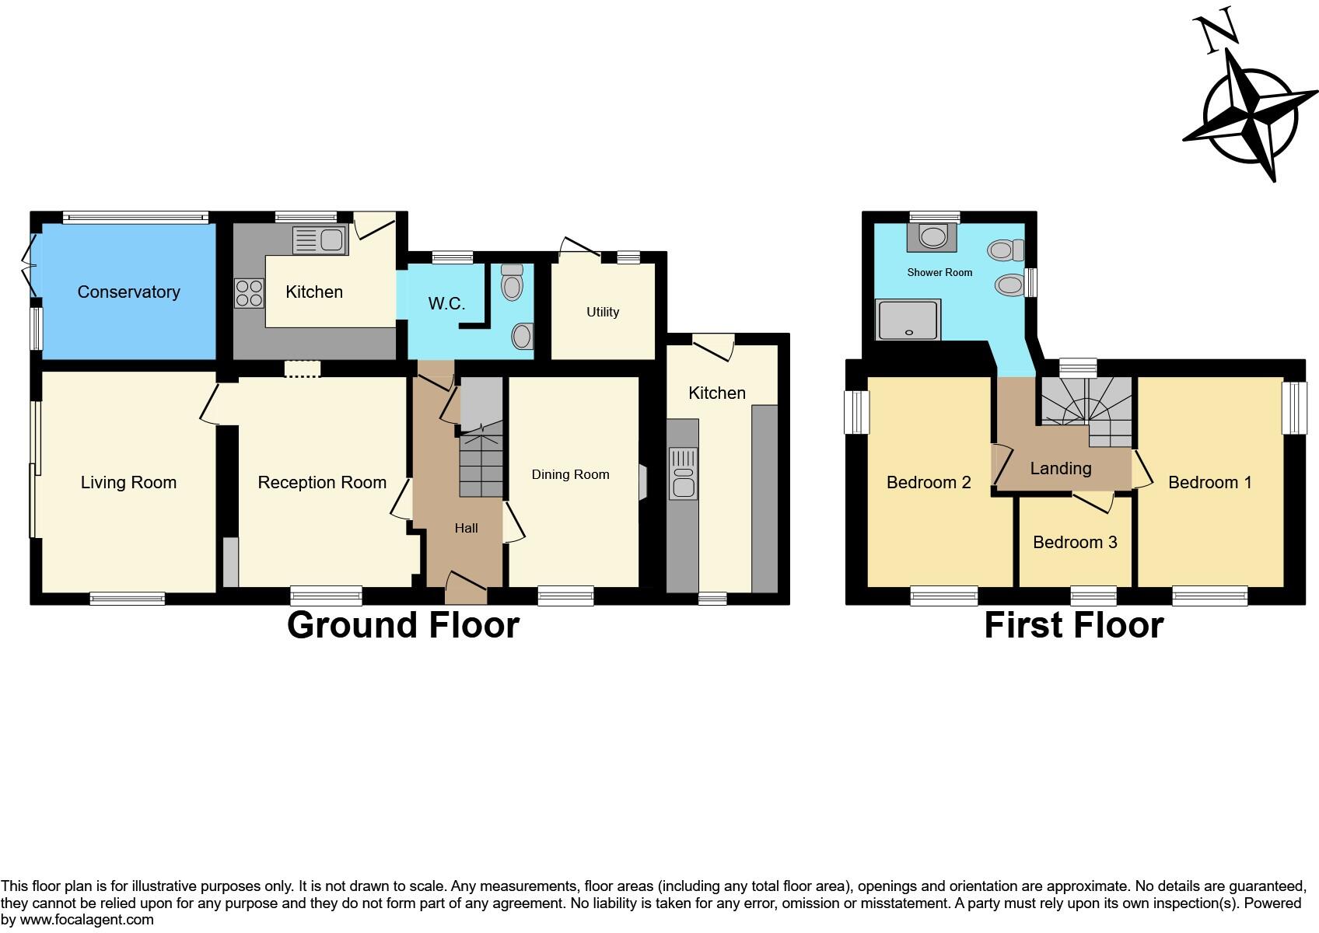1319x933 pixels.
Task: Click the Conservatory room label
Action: click(128, 292)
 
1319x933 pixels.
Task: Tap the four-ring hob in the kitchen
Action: click(249, 293)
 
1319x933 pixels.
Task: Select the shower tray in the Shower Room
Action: click(908, 320)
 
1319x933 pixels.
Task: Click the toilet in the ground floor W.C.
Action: click(512, 283)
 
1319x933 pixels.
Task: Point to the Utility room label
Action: click(603, 312)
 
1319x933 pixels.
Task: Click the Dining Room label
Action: click(570, 474)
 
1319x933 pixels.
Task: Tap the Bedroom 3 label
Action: click(1075, 542)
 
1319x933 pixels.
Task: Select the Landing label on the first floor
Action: click(1061, 468)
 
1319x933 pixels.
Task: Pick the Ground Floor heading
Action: click(403, 625)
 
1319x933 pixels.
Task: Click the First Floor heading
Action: click(1073, 625)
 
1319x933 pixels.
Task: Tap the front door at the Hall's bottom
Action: click(466, 589)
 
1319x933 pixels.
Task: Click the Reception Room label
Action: click(322, 483)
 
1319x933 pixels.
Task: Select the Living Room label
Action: click(128, 483)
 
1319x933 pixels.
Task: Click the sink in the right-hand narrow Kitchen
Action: click(683, 473)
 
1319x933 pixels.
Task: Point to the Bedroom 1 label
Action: click(1210, 483)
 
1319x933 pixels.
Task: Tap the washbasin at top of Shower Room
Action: click(932, 236)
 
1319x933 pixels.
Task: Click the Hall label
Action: click(466, 528)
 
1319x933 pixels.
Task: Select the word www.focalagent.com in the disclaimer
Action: click(87, 920)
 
